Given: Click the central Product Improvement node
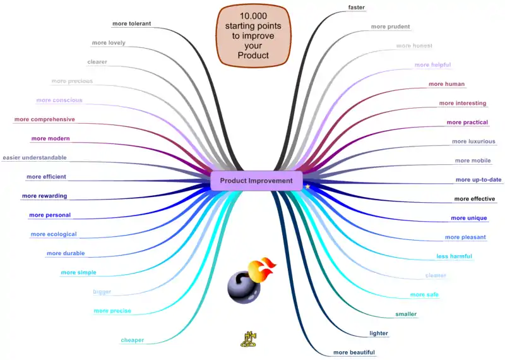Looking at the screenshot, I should point(252,181).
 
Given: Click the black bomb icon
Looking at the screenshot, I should point(242,285).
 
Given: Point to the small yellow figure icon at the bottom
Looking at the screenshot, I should point(247,339).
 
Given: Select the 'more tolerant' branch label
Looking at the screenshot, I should point(131,24).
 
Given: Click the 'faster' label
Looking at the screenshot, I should point(357,8).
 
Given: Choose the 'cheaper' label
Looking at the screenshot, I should point(133,340).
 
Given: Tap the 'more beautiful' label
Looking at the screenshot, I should point(354,352).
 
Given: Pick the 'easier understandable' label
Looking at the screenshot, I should point(35,157).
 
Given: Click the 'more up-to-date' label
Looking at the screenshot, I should point(478,179).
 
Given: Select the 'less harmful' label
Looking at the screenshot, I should point(454,256).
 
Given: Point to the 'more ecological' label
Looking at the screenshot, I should point(54,234).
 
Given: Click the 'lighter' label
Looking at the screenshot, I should point(379,333).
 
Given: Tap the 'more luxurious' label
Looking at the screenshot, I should point(473,141).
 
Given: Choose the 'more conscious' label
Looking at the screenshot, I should point(59,100).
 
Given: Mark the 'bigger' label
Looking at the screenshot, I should point(102,292).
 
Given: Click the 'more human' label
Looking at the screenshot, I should point(447,84).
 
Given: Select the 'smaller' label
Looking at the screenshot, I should point(406,314).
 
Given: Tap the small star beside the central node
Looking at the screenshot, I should point(307,187).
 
